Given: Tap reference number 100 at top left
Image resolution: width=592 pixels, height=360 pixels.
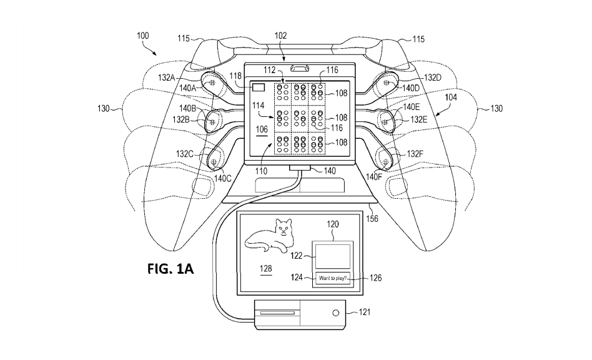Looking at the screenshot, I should (x=142, y=36).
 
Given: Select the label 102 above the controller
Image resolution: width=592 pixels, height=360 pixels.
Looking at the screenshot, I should (x=280, y=36).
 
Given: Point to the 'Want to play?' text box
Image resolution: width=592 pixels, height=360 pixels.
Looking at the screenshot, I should (x=333, y=278).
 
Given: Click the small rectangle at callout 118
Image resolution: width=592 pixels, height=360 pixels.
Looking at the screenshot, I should (x=258, y=88).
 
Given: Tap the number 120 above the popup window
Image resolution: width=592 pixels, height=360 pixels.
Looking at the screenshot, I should (x=334, y=222).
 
